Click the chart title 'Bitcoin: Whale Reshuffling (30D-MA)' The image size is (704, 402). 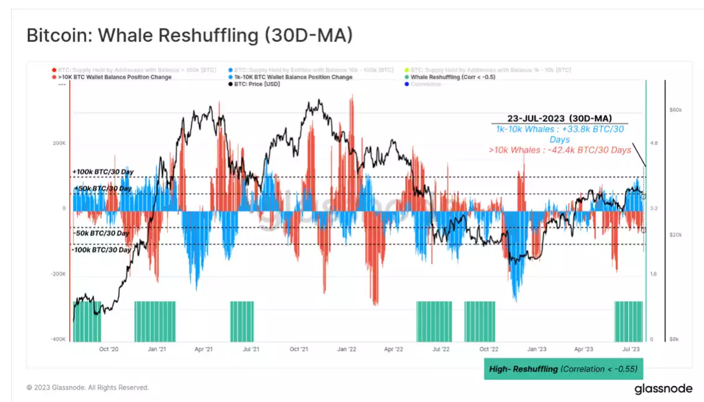click(x=190, y=35)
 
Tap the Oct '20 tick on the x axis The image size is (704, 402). click(x=109, y=349)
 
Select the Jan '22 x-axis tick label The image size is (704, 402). click(x=346, y=349)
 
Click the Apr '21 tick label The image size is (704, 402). click(x=204, y=349)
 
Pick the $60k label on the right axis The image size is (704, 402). click(x=675, y=110)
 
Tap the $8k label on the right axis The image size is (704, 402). click(x=675, y=339)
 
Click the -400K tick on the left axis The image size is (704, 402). click(x=59, y=339)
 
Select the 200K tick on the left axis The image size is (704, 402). click(x=59, y=143)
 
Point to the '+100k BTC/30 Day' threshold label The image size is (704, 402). click(x=103, y=172)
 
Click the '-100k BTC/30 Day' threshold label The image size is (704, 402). click(x=101, y=250)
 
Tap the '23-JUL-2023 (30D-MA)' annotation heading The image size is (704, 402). click(x=559, y=118)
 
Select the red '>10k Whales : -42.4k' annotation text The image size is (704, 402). click(x=559, y=150)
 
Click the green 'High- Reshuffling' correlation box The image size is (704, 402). click(x=563, y=369)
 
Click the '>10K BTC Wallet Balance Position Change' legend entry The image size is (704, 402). click(x=114, y=77)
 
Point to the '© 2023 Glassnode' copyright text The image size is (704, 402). click(x=87, y=388)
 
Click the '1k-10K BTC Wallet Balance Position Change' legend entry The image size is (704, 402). click(x=293, y=77)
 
